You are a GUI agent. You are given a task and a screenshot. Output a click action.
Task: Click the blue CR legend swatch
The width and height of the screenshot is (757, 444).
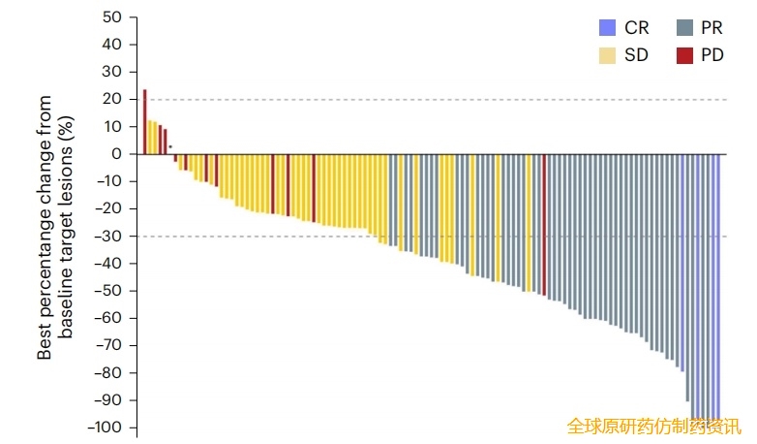coord(607,28)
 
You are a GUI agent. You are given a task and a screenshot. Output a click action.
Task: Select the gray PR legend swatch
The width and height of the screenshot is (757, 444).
coord(684,28)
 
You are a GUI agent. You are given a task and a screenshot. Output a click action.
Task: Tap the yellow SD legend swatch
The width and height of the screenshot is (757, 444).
coord(607,55)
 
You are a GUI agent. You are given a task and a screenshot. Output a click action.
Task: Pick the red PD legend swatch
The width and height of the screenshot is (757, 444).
coord(684,55)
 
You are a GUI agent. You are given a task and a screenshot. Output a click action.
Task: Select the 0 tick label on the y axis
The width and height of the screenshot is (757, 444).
coord(116,154)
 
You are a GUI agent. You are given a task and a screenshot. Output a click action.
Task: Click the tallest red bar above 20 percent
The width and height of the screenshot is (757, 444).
coord(144,121)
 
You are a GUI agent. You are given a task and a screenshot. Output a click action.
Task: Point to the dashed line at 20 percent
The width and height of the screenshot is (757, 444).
coord(436,99)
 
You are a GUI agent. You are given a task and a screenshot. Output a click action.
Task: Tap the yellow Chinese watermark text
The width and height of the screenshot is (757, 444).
coord(653,426)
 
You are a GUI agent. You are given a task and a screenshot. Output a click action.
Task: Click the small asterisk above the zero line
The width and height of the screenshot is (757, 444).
coord(170,147)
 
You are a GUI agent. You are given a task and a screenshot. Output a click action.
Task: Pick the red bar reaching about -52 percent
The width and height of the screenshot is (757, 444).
coord(544,224)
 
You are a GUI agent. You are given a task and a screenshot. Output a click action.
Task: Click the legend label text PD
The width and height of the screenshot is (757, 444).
coord(712,55)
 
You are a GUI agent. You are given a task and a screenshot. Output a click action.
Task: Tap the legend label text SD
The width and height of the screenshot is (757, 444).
coord(636,55)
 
